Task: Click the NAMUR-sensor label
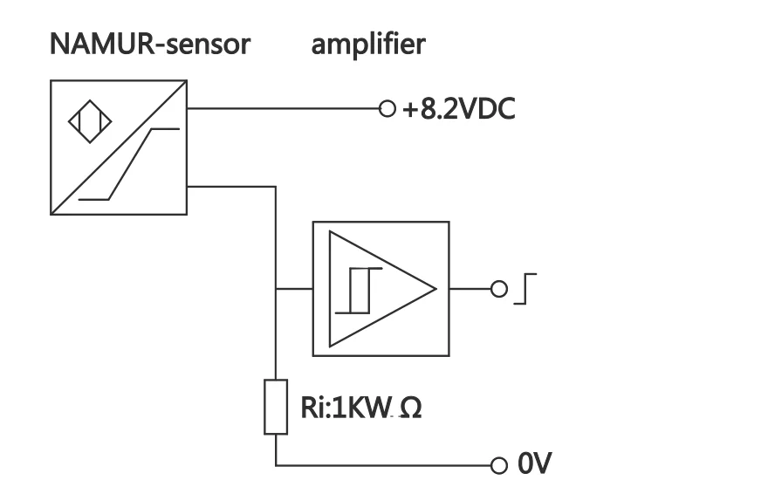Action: pos(148,46)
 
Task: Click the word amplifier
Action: pos(368,46)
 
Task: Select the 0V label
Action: pos(534,464)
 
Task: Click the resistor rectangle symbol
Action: pos(275,407)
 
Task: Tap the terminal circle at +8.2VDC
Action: pos(387,109)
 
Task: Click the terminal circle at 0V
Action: pos(499,464)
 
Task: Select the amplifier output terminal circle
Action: pos(499,289)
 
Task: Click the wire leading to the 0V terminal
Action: pos(384,464)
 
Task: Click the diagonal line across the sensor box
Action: pos(119,148)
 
